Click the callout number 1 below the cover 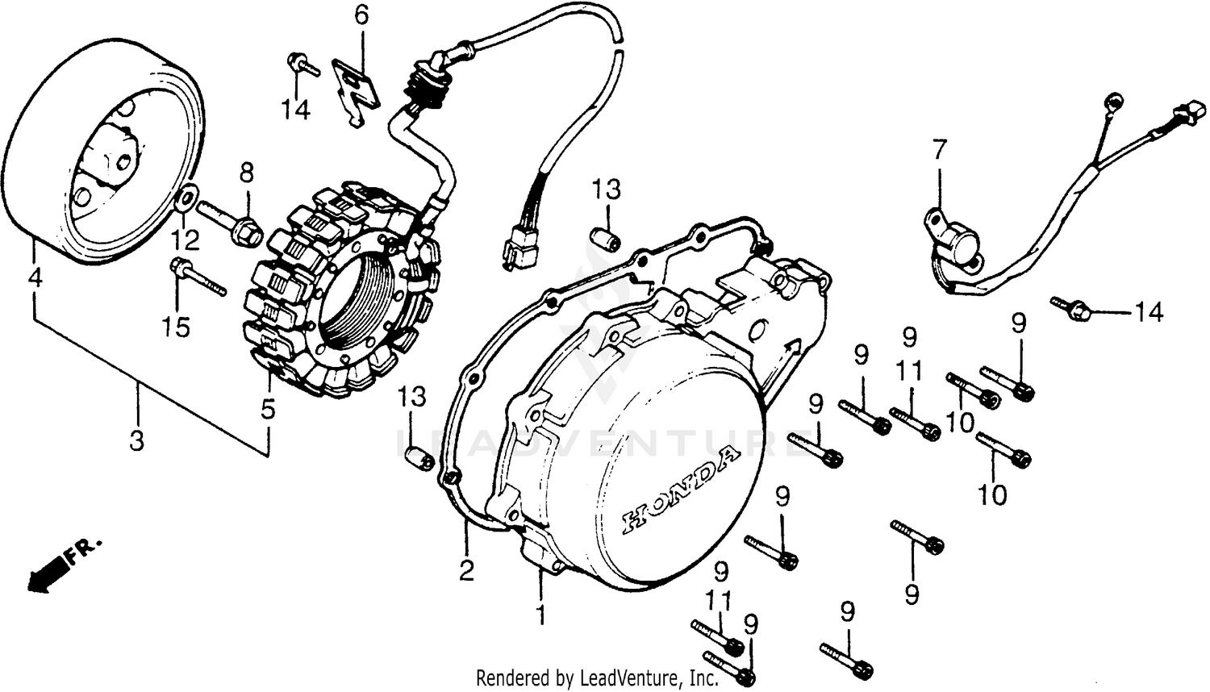pos(541,615)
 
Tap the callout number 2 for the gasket pos(466,571)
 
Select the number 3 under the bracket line pos(137,441)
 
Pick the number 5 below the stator pos(268,409)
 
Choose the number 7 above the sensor pos(938,151)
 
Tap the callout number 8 pos(246,173)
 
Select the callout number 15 pos(176,327)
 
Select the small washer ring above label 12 pos(188,196)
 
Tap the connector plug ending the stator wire pos(519,248)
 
